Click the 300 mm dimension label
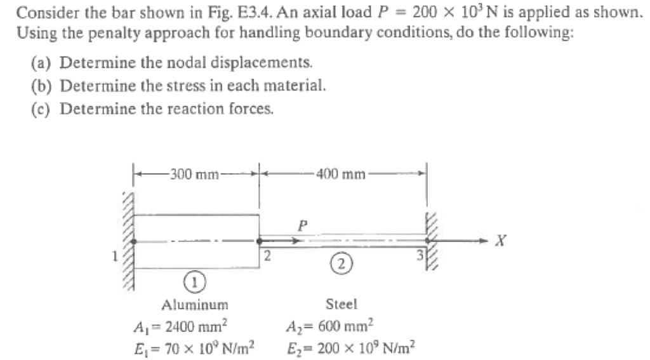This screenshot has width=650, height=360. (x=192, y=173)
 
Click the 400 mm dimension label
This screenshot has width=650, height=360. (x=342, y=173)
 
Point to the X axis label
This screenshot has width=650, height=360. (x=502, y=241)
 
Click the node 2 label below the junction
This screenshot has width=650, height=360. (x=268, y=257)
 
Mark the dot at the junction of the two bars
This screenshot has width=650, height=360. (x=260, y=241)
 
